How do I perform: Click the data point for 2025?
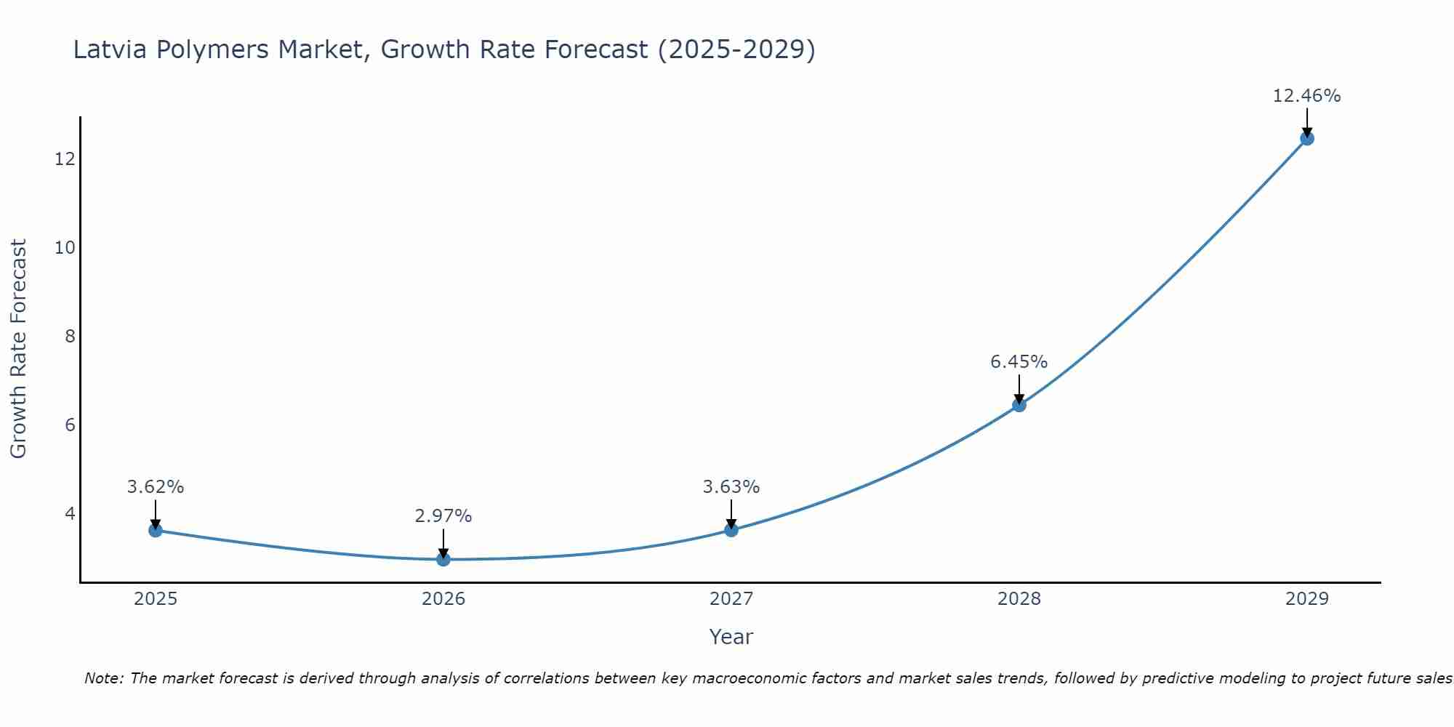pyautogui.click(x=156, y=530)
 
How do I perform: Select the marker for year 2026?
pyautogui.click(x=443, y=559)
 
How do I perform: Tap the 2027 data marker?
pyautogui.click(x=731, y=530)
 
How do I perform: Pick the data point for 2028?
pyautogui.click(x=1019, y=405)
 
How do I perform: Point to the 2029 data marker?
pyautogui.click(x=1307, y=138)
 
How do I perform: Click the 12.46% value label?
pyautogui.click(x=1306, y=96)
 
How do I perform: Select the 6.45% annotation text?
pyautogui.click(x=1019, y=362)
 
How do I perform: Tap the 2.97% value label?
pyautogui.click(x=443, y=516)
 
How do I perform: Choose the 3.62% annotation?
pyautogui.click(x=156, y=487)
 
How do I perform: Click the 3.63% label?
pyautogui.click(x=731, y=487)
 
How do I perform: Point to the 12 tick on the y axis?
pyautogui.click(x=65, y=158)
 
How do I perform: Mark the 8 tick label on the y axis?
pyautogui.click(x=70, y=336)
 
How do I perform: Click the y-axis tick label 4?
pyautogui.click(x=70, y=514)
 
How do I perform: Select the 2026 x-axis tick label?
pyautogui.click(x=443, y=599)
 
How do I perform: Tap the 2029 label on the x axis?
pyautogui.click(x=1307, y=599)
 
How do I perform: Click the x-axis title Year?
pyautogui.click(x=731, y=637)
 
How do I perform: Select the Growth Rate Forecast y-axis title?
pyautogui.click(x=19, y=349)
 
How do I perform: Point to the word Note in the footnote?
pyautogui.click(x=105, y=678)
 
